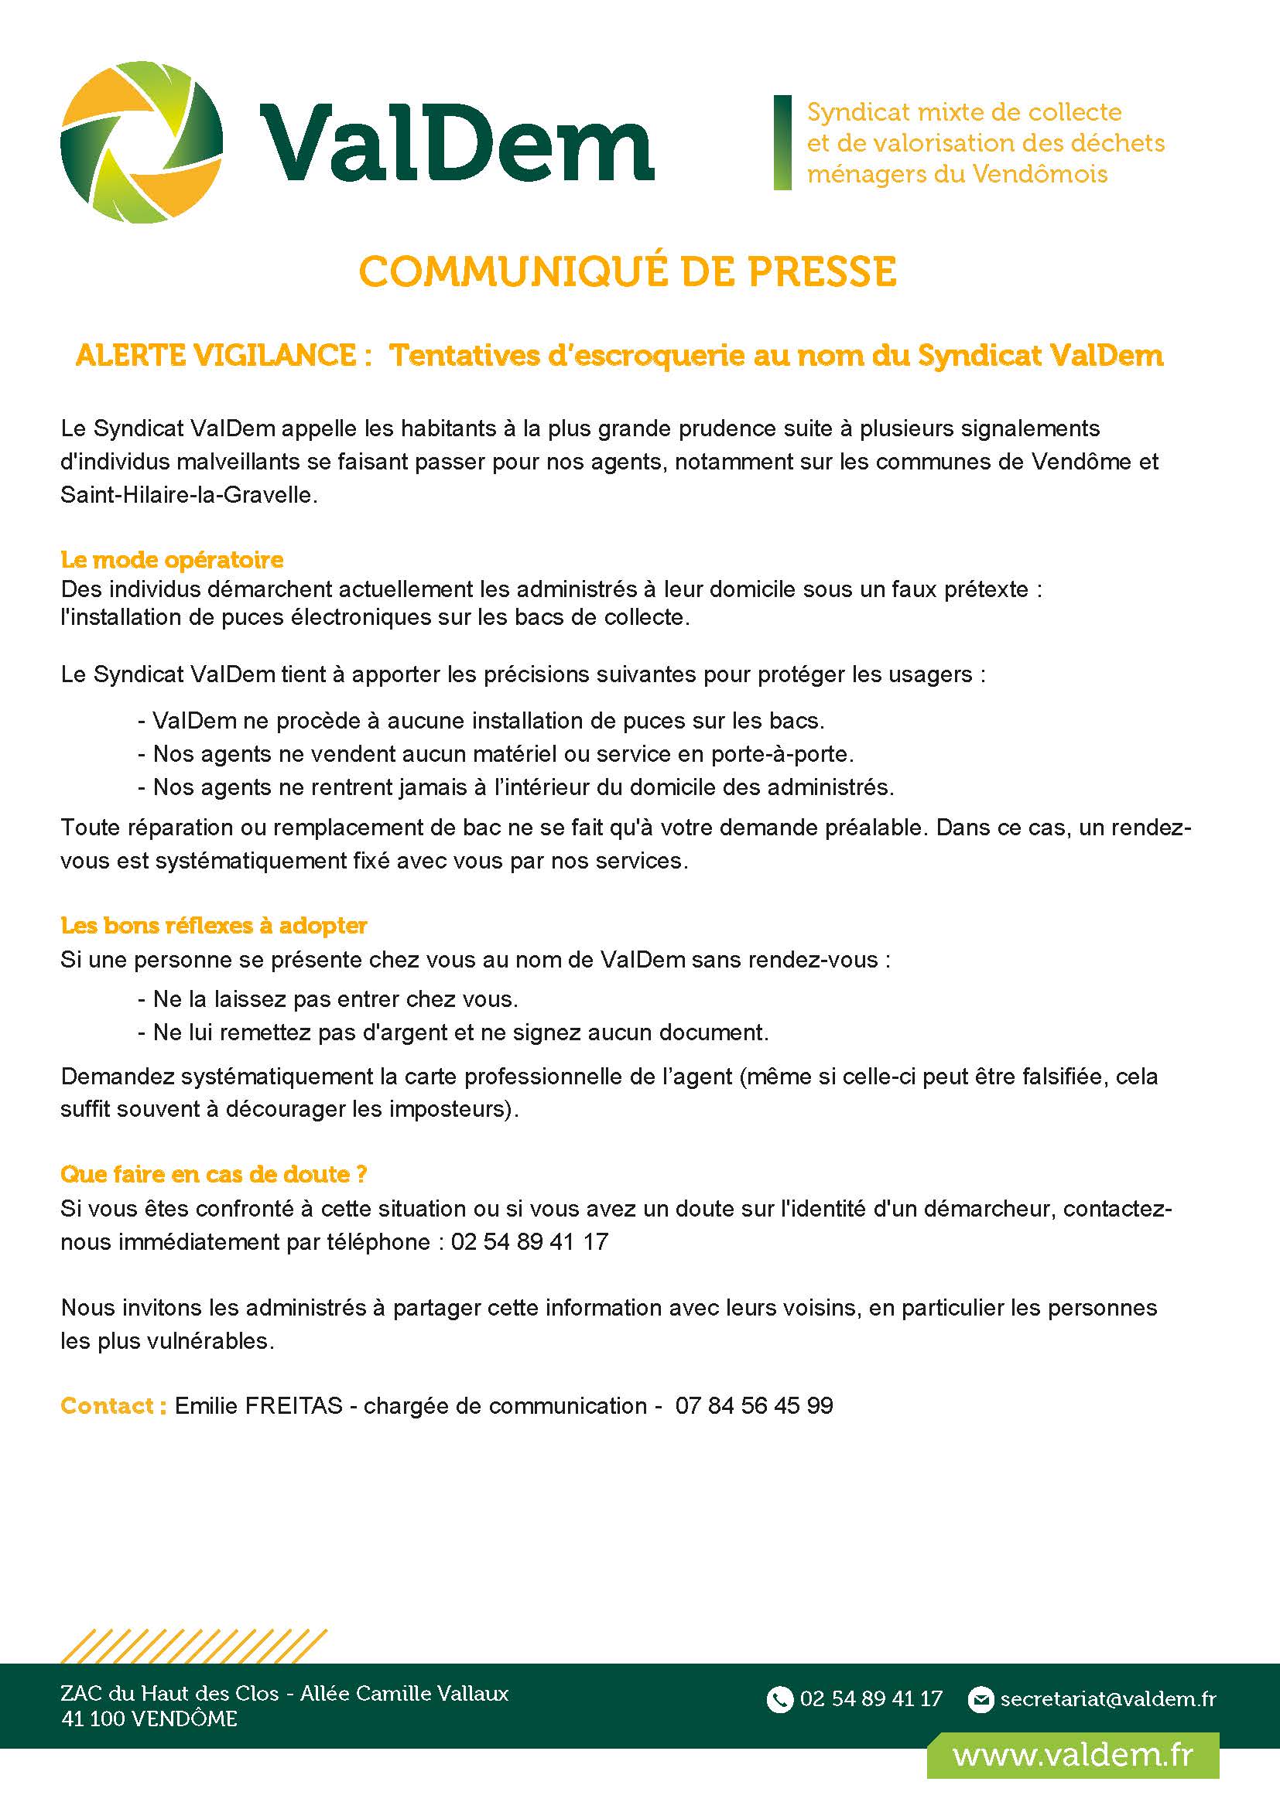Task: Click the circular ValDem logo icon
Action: coord(141,142)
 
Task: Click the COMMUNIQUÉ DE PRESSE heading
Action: coord(628,271)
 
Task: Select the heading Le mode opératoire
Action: coord(172,559)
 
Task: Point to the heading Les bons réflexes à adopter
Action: coord(214,925)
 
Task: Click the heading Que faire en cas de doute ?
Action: coord(214,1174)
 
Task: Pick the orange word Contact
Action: coord(113,1405)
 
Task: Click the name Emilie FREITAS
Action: coord(258,1405)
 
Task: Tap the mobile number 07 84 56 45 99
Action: coord(754,1405)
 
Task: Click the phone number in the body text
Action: coord(529,1242)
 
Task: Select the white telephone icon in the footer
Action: coord(779,1699)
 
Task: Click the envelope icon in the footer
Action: coord(981,1699)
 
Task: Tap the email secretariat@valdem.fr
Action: coord(1107,1698)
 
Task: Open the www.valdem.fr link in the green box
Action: coord(1073,1755)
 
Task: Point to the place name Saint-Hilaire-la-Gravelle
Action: coord(189,496)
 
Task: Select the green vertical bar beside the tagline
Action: coord(782,142)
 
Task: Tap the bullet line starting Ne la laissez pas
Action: coord(328,999)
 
